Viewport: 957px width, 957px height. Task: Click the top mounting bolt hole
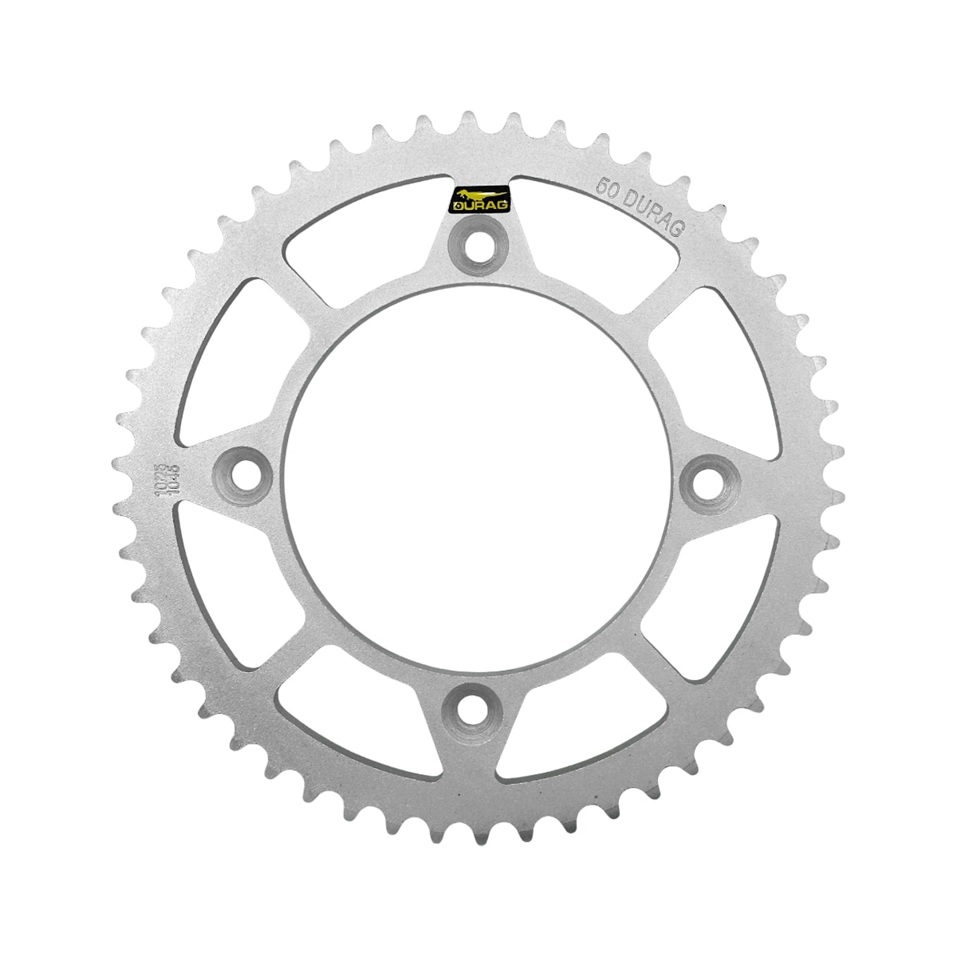(476, 246)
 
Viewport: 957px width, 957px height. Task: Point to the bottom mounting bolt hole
(476, 707)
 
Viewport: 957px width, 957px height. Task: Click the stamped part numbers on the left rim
(167, 479)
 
